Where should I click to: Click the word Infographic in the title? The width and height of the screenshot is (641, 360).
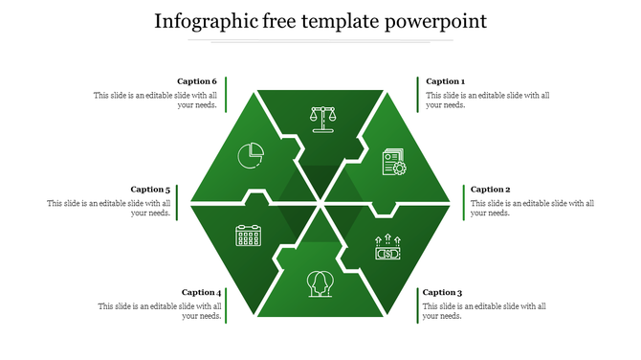click(x=204, y=20)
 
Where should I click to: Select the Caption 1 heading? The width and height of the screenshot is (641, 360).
click(x=445, y=82)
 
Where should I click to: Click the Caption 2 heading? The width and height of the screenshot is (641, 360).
click(x=490, y=190)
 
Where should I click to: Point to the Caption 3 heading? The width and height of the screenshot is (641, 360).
click(x=442, y=293)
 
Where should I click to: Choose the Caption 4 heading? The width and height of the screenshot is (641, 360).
click(x=201, y=293)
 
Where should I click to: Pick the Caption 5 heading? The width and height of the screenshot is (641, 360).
click(x=150, y=190)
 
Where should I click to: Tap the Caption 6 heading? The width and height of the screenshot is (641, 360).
click(x=197, y=82)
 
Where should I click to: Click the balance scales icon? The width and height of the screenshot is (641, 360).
click(x=324, y=118)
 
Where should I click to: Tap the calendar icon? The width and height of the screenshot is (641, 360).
click(x=248, y=236)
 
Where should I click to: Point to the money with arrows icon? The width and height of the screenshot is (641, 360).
click(x=387, y=249)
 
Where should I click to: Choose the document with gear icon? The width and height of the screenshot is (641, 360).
click(x=393, y=161)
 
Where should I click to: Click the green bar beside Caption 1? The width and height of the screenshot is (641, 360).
click(x=417, y=94)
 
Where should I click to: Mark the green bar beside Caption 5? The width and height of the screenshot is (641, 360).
click(x=178, y=202)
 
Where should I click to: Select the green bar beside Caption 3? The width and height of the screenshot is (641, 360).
click(x=417, y=304)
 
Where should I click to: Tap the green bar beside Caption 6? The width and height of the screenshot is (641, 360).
click(x=226, y=94)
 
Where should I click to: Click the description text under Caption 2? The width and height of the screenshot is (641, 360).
click(x=532, y=208)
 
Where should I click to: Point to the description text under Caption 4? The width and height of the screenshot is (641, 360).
click(x=160, y=311)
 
